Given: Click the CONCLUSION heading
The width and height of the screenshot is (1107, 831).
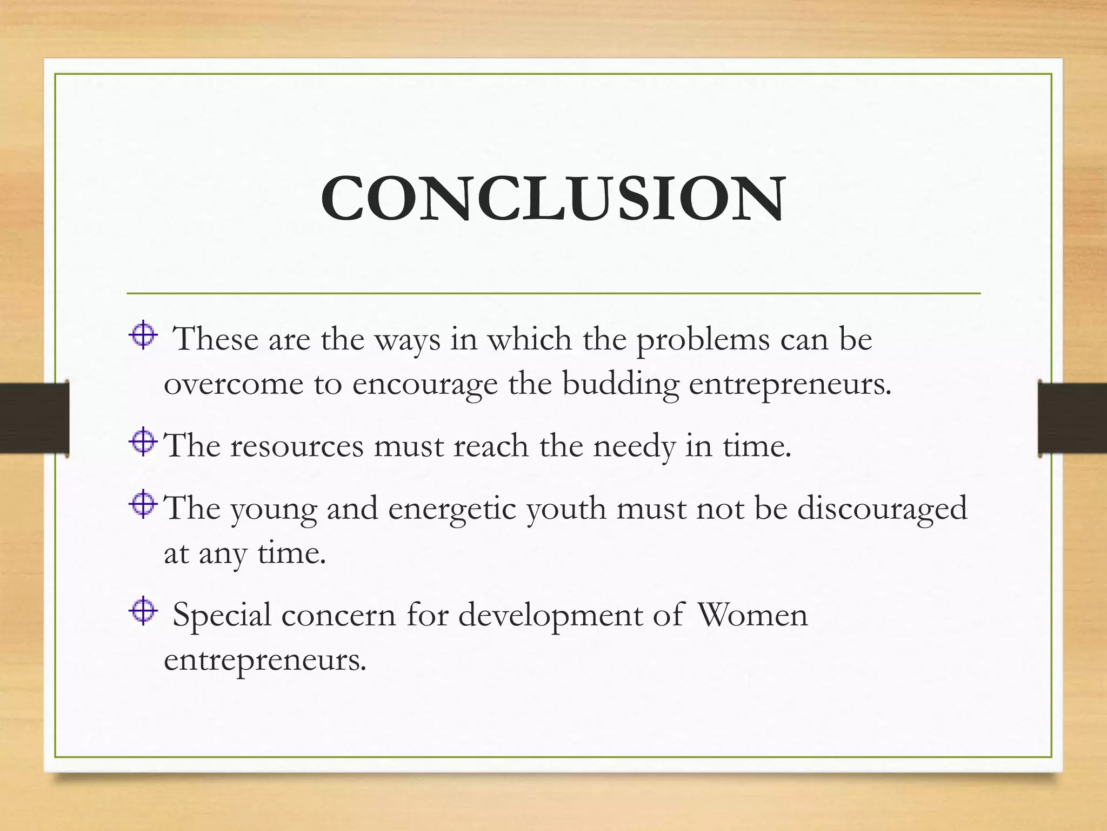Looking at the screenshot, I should (x=552, y=199).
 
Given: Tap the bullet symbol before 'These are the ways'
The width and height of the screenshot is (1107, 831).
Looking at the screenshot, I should (x=143, y=335).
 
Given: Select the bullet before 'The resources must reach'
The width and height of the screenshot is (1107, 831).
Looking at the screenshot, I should (x=143, y=442).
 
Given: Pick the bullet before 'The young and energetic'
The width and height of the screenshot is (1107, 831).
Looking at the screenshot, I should (x=143, y=504).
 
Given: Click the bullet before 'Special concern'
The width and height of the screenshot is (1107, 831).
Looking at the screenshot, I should (x=143, y=611).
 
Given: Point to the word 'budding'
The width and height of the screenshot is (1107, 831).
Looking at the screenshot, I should (x=621, y=385).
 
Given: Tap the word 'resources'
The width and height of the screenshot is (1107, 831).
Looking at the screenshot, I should (x=297, y=447).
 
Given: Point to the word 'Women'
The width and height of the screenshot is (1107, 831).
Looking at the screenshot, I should (x=752, y=616).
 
